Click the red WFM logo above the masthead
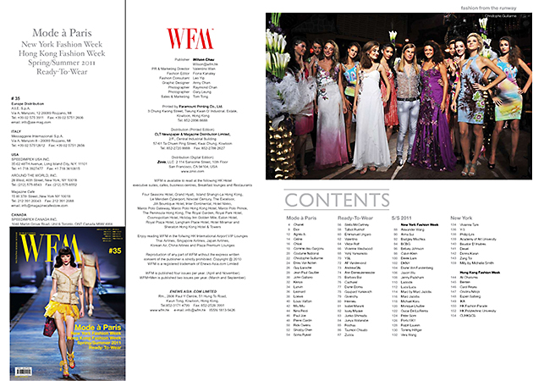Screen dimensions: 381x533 point(184,38)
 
